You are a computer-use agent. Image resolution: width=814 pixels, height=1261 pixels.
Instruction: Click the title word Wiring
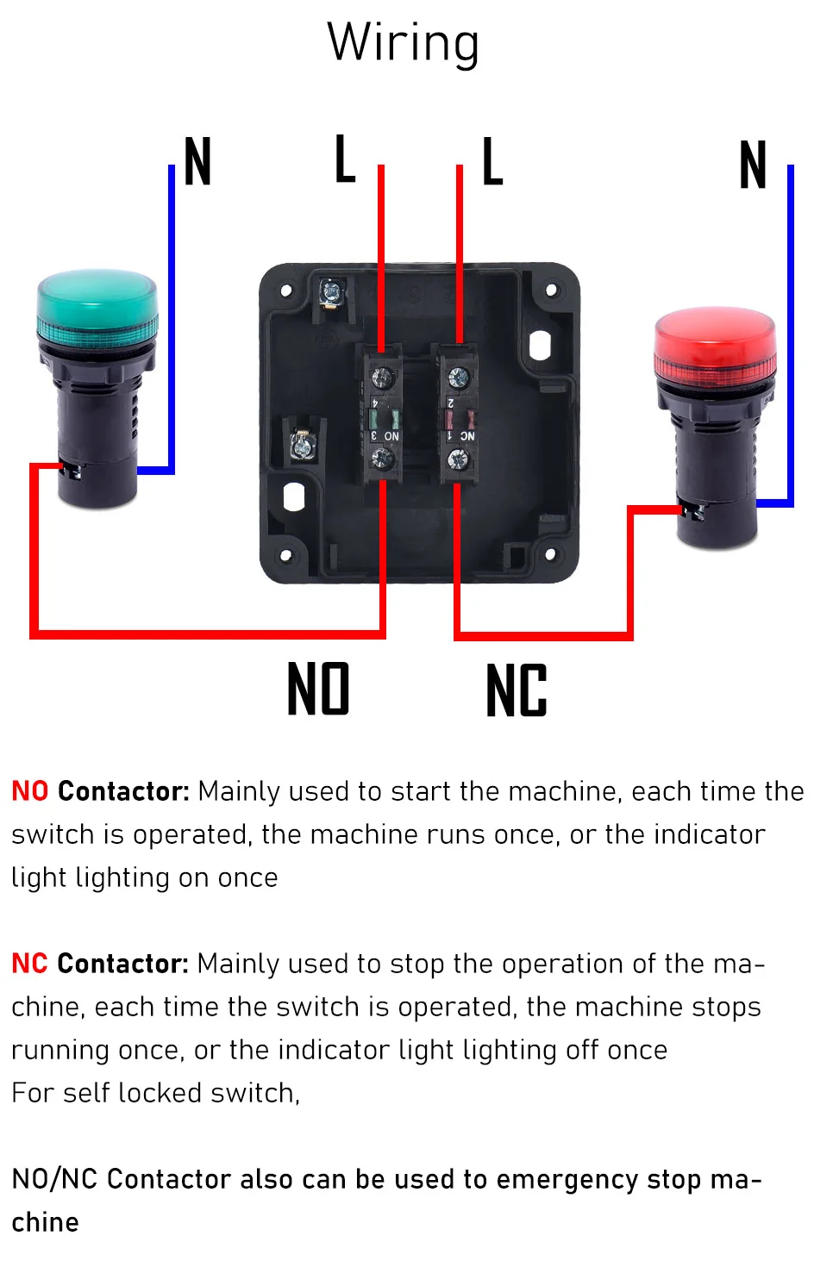403,44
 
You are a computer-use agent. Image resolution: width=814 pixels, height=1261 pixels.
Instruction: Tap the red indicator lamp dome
714,340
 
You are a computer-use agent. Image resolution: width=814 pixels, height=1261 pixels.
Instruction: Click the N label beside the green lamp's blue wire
197,161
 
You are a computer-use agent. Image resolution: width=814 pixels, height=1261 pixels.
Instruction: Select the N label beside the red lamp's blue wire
753,165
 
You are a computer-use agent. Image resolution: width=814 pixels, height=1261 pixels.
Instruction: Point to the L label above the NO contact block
345,159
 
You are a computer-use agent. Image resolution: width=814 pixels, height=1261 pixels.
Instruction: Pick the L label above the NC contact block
492,161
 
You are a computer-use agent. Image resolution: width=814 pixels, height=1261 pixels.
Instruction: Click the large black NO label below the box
318,688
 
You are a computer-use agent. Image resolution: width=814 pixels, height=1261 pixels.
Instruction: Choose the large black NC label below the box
517,690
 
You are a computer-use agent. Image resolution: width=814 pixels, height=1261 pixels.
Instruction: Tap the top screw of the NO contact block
383,376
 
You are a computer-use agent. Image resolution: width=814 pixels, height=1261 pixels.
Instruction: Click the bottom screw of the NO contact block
383,459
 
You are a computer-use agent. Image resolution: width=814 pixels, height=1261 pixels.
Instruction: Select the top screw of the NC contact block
458,377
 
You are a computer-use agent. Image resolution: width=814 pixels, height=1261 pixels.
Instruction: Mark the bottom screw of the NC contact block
457,459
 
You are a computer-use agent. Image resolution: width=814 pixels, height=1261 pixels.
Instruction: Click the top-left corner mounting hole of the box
286,290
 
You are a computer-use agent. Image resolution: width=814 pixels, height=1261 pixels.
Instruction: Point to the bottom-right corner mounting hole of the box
551,554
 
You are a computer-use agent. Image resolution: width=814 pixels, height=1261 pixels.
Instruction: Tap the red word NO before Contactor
30,791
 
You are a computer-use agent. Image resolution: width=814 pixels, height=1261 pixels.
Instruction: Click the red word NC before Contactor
29,964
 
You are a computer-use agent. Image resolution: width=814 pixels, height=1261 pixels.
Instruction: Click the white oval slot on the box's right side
540,345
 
